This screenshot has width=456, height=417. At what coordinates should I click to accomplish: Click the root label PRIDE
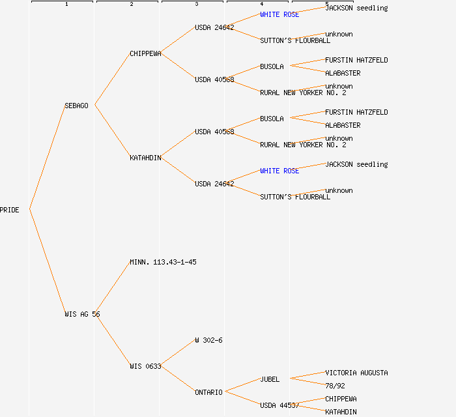point(10,210)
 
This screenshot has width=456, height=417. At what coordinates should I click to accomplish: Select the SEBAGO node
point(76,106)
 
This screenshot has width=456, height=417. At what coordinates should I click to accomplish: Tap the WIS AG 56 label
point(82,314)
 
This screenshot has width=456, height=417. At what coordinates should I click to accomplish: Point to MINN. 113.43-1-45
point(163,262)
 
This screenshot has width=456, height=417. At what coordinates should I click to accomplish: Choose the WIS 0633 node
point(145,366)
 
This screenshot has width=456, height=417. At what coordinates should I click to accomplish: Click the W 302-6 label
point(208,340)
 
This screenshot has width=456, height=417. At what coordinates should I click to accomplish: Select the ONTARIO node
point(208,392)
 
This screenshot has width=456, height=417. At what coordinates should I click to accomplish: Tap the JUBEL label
point(270,379)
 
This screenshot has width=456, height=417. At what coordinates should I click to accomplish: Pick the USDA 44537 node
point(279,405)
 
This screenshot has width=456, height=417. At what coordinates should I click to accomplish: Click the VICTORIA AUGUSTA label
point(356,373)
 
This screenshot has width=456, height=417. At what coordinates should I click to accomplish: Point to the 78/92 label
point(335,386)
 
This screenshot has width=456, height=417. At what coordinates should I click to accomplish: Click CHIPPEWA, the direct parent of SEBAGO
point(145,53)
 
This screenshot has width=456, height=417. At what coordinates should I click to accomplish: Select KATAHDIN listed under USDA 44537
point(341,412)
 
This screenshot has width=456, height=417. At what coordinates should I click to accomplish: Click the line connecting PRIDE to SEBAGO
point(47,157)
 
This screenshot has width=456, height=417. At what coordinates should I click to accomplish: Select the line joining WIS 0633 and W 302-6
point(178,353)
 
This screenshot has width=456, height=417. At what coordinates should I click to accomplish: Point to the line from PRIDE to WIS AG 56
point(47,262)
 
